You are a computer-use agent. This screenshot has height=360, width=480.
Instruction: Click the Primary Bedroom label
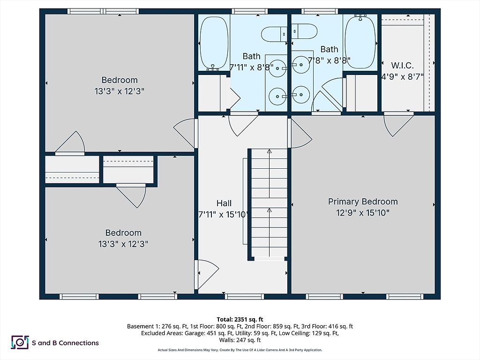362,202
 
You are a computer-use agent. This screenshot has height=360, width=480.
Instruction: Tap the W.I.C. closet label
402,65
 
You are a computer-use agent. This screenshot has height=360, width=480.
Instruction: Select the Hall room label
224,203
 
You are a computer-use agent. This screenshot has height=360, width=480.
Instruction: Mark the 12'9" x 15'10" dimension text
362,213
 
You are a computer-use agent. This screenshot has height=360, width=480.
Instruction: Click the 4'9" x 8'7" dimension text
402,77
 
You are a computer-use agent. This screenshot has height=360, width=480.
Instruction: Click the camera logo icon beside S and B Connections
20,343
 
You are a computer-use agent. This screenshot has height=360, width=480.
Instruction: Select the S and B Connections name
65,343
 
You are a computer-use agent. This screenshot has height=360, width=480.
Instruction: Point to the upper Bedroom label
120,80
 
